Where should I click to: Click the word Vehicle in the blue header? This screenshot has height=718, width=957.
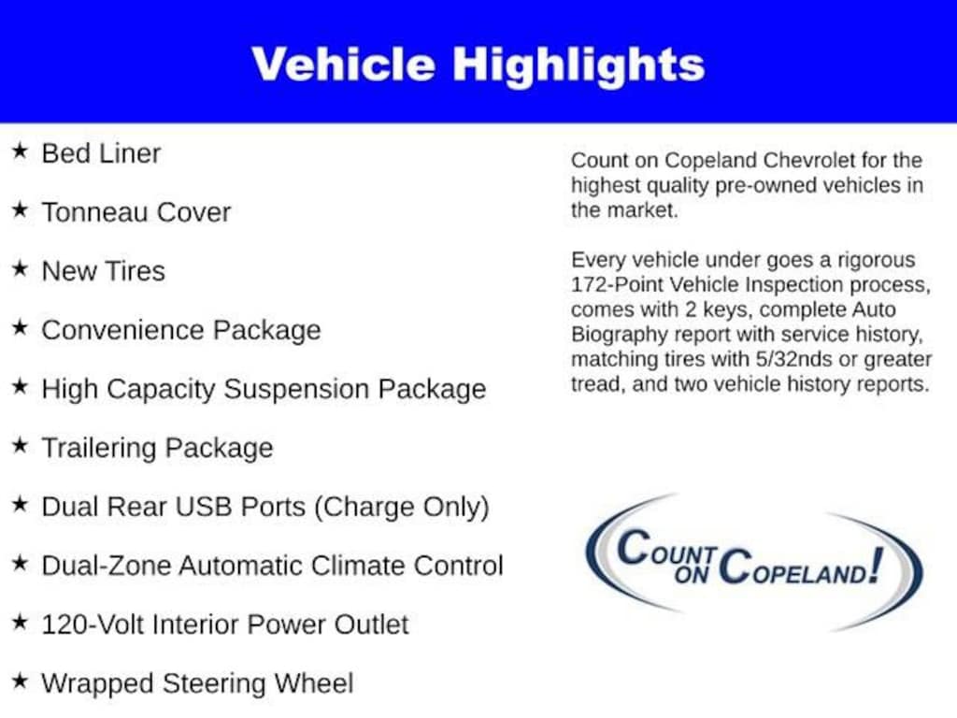click(344, 65)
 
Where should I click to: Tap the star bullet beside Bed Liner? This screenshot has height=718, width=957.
click(21, 151)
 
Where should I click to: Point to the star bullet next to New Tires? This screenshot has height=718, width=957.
click(21, 268)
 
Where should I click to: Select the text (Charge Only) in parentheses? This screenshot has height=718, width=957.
click(402, 508)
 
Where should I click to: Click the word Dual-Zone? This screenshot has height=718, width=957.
click(106, 566)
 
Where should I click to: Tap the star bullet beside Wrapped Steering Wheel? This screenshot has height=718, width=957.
click(21, 681)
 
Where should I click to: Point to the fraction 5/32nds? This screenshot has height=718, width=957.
click(793, 360)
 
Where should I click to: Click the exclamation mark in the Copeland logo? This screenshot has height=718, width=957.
click(877, 566)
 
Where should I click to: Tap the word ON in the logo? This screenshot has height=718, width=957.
click(691, 575)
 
